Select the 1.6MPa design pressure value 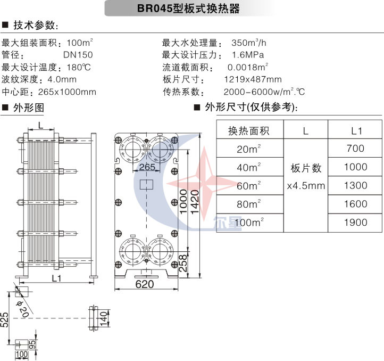click(x=248, y=55)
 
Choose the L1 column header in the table click(x=355, y=130)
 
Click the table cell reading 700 click(x=355, y=149)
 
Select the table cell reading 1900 click(x=355, y=223)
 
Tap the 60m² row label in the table click(x=248, y=186)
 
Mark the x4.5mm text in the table click(x=306, y=186)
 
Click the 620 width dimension click(x=144, y=284)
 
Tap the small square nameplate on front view click(x=145, y=185)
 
